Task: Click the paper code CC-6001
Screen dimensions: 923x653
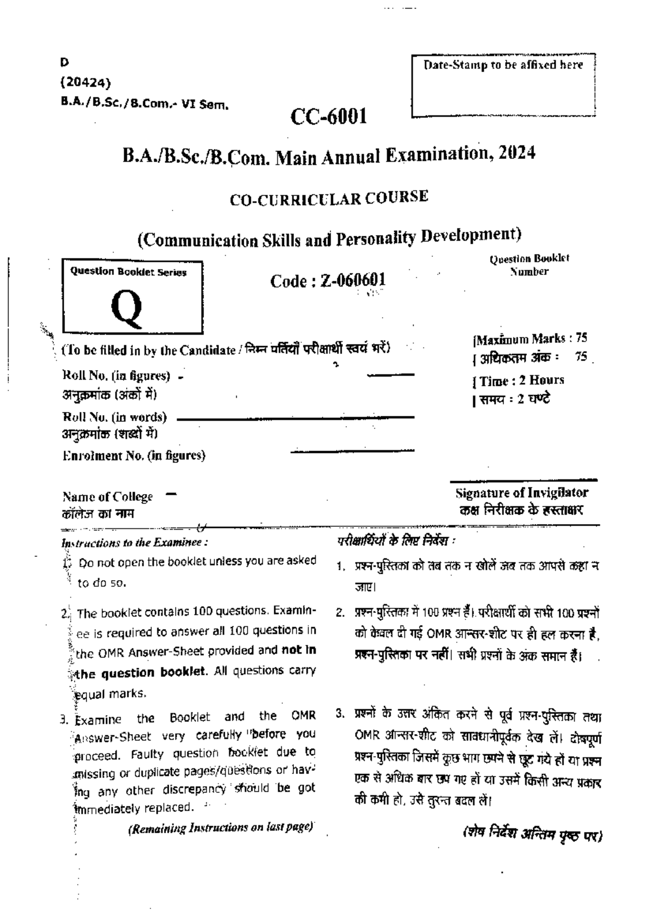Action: [329, 116]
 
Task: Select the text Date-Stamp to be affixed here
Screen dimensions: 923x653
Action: [503, 65]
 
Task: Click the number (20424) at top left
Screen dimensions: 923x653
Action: [85, 83]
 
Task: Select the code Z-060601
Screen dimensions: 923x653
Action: [353, 280]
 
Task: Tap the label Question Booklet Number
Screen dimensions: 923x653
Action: [529, 265]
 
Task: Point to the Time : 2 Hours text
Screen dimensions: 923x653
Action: [521, 380]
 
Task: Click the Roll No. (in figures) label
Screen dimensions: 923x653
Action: [116, 376]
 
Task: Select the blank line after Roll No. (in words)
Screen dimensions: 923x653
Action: [295, 418]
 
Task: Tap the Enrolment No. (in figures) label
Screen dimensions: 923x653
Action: [134, 456]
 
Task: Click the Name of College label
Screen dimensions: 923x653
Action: [108, 496]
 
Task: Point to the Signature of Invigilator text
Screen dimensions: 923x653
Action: [521, 493]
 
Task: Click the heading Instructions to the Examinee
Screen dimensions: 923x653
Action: [134, 542]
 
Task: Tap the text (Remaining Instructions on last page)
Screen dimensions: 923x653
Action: [220, 828]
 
